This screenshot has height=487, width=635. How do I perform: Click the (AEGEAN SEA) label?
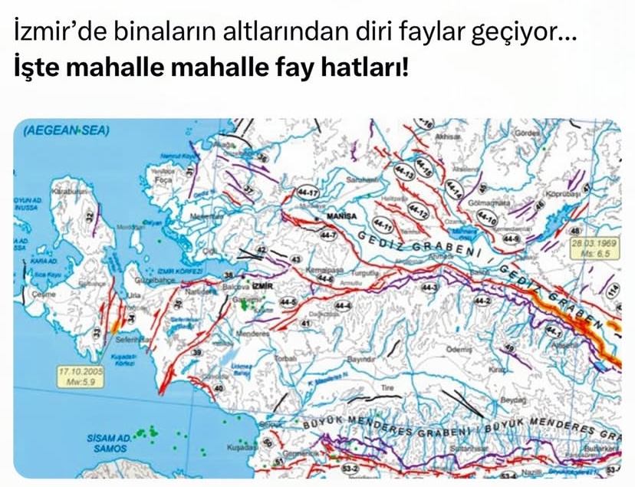pyautogui.click(x=67, y=131)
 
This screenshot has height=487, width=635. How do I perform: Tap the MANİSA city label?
pyautogui.click(x=342, y=216)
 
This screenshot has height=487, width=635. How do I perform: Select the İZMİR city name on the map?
pyautogui.click(x=262, y=285)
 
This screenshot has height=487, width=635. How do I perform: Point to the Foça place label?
pyautogui.click(x=163, y=179)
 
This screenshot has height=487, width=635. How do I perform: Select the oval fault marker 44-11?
pyautogui.click(x=383, y=226)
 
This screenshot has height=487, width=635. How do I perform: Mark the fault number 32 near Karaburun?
pyautogui.click(x=90, y=217)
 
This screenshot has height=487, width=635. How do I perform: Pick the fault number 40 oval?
pyautogui.click(x=219, y=388)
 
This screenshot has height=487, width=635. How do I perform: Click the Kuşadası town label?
pyautogui.click(x=241, y=446)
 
